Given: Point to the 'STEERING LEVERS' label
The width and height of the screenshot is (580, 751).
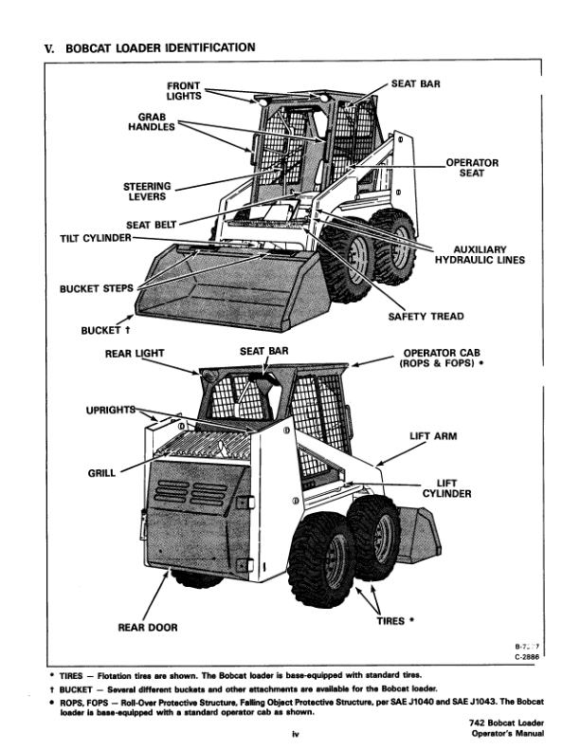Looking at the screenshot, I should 146,192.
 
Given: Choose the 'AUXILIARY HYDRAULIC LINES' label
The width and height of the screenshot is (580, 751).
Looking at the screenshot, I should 480,255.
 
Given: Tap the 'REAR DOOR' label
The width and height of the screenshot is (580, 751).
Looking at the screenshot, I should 147,627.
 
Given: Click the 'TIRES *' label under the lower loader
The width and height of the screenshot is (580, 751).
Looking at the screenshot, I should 397,621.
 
